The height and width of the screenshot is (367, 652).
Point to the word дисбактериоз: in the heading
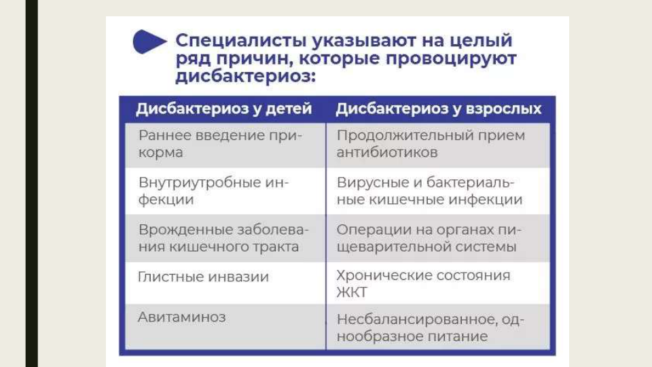(245, 76)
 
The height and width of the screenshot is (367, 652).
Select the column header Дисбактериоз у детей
(223, 109)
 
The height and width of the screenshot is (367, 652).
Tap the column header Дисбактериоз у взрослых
(439, 109)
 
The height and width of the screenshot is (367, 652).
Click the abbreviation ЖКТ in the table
(352, 292)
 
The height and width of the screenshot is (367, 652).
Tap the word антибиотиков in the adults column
(387, 152)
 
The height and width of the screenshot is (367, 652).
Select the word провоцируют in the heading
(451, 58)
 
